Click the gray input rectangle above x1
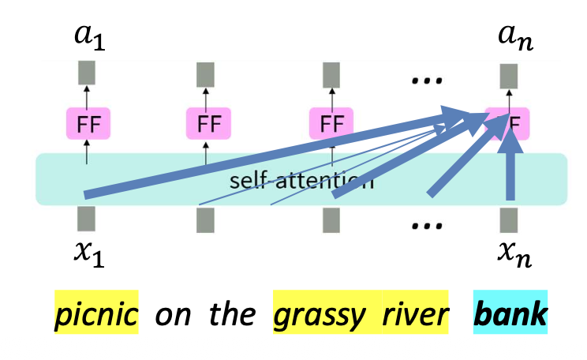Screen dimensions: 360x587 [87, 219]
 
